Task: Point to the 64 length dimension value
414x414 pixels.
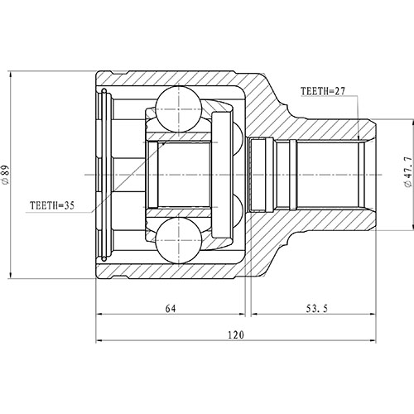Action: tap(171, 309)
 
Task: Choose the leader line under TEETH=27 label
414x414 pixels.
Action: tap(357, 116)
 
